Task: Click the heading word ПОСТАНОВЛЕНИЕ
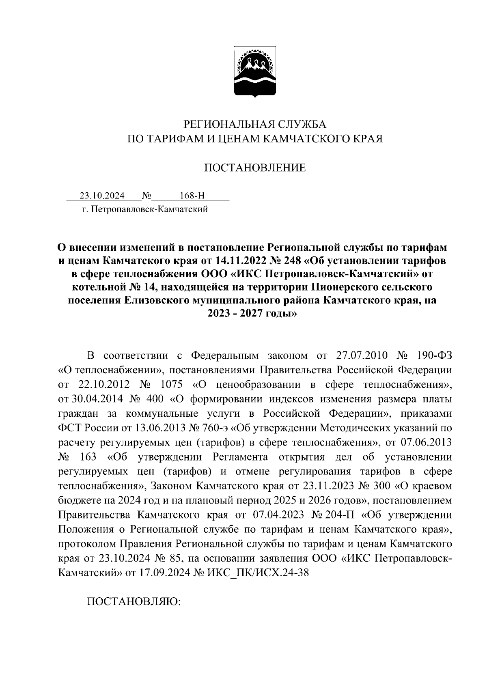pyautogui.click(x=255, y=168)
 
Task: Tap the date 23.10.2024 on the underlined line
pyautogui.click(x=102, y=196)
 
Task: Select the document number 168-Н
pyautogui.click(x=192, y=196)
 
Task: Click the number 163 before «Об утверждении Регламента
pyautogui.click(x=88, y=457)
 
